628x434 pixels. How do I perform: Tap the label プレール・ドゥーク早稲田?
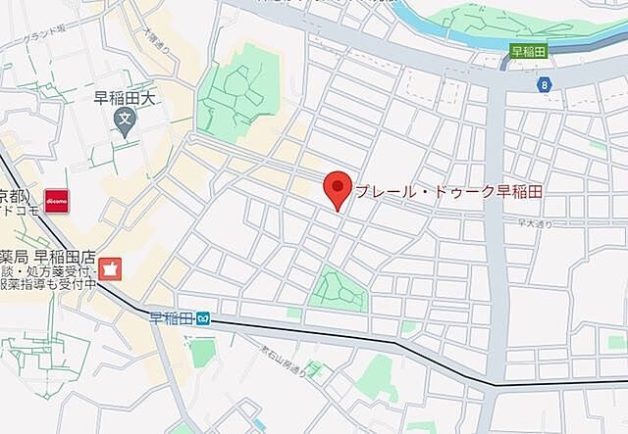pyautogui.click(x=450, y=191)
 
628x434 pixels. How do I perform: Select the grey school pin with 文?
pyautogui.click(x=124, y=121)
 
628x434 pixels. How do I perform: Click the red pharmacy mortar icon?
pyautogui.click(x=111, y=266)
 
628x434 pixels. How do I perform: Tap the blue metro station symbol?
pyautogui.click(x=202, y=318)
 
